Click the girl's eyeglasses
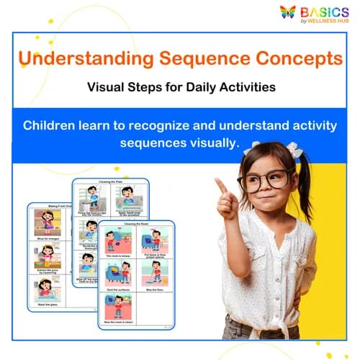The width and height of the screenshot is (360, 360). [264, 180]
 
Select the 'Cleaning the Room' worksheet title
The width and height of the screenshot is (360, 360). [136, 225]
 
